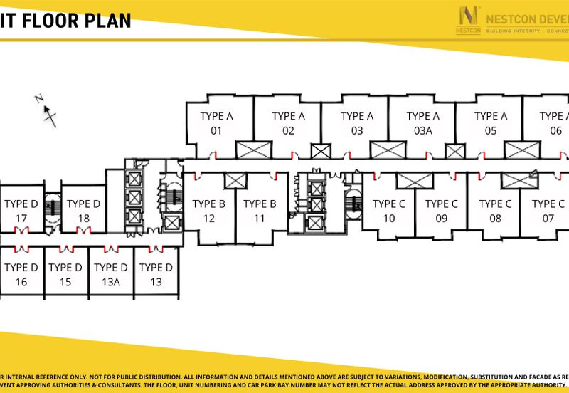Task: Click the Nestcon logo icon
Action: coord(469,17)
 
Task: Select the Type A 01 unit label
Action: coord(217,123)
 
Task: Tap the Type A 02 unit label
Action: coord(288,123)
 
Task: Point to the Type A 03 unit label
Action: coord(356,123)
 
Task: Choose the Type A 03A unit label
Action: coord(423,123)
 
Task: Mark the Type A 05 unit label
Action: coord(491,123)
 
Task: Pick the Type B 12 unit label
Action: coord(209,211)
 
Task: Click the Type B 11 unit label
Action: coord(260,211)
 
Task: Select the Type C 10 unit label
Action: coord(389,211)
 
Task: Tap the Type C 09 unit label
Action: coord(442,211)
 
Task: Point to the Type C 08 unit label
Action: coord(495,211)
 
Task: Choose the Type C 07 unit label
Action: coord(548,211)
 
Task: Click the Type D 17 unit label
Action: coord(21,211)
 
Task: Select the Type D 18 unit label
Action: coord(84,211)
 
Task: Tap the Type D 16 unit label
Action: coord(21,275)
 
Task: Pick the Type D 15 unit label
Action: coord(65,275)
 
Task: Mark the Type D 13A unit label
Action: coord(110,275)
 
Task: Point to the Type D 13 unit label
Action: coord(156,275)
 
